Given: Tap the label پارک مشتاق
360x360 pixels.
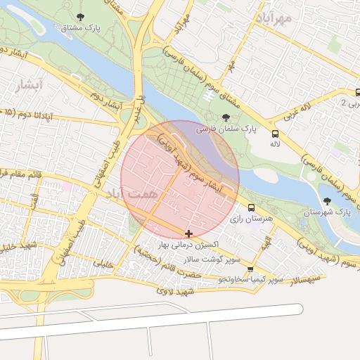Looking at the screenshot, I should (79, 29).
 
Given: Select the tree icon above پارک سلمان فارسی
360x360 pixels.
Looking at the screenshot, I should (225, 117).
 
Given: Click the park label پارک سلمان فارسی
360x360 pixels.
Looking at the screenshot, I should (225, 130).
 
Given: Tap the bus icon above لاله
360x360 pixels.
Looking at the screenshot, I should (275, 132).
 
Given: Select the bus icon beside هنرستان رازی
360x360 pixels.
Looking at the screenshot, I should (251, 207).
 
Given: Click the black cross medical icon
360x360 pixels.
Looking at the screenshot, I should (188, 233).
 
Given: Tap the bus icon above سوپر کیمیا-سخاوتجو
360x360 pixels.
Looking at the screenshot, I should (250, 269).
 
